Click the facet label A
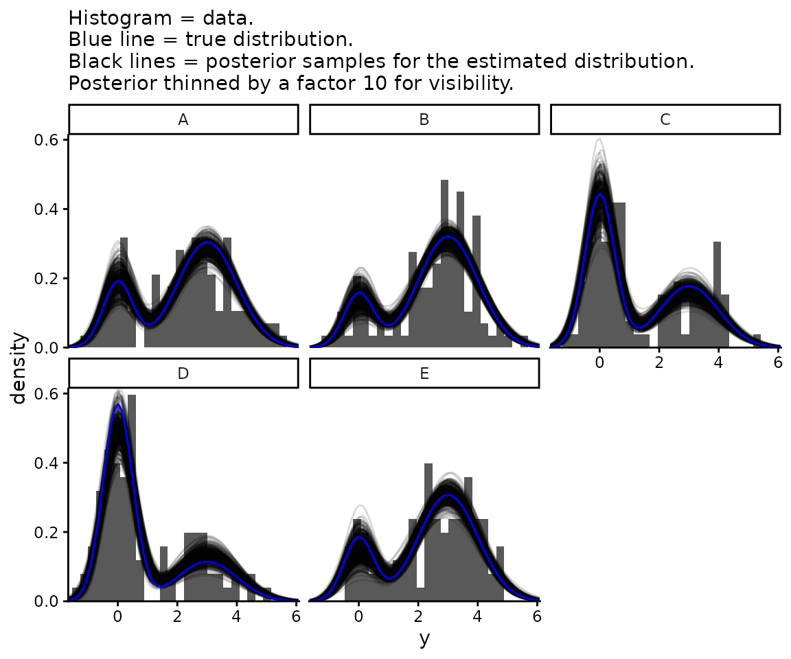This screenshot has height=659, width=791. tap(183, 119)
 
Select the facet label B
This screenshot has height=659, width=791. tap(424, 119)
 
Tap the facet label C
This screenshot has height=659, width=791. tap(665, 119)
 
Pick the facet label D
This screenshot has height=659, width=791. tap(183, 373)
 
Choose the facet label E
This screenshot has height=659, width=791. tap(424, 373)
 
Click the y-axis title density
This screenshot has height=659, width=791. tap(20, 368)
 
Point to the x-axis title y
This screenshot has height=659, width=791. tap(424, 639)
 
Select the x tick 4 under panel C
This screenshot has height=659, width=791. tap(718, 362)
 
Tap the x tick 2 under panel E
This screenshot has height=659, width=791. tap(417, 616)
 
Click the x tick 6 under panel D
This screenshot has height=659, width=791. tap(296, 616)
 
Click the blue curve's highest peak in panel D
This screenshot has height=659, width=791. tap(118, 405)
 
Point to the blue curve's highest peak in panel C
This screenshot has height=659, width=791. tap(599, 195)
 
